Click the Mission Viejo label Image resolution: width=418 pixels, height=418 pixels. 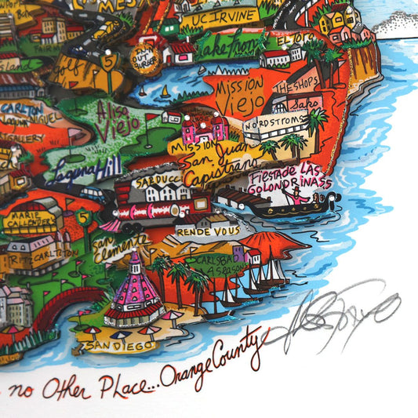233,93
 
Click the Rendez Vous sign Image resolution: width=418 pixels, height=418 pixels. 197,232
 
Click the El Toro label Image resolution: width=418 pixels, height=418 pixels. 289,38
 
